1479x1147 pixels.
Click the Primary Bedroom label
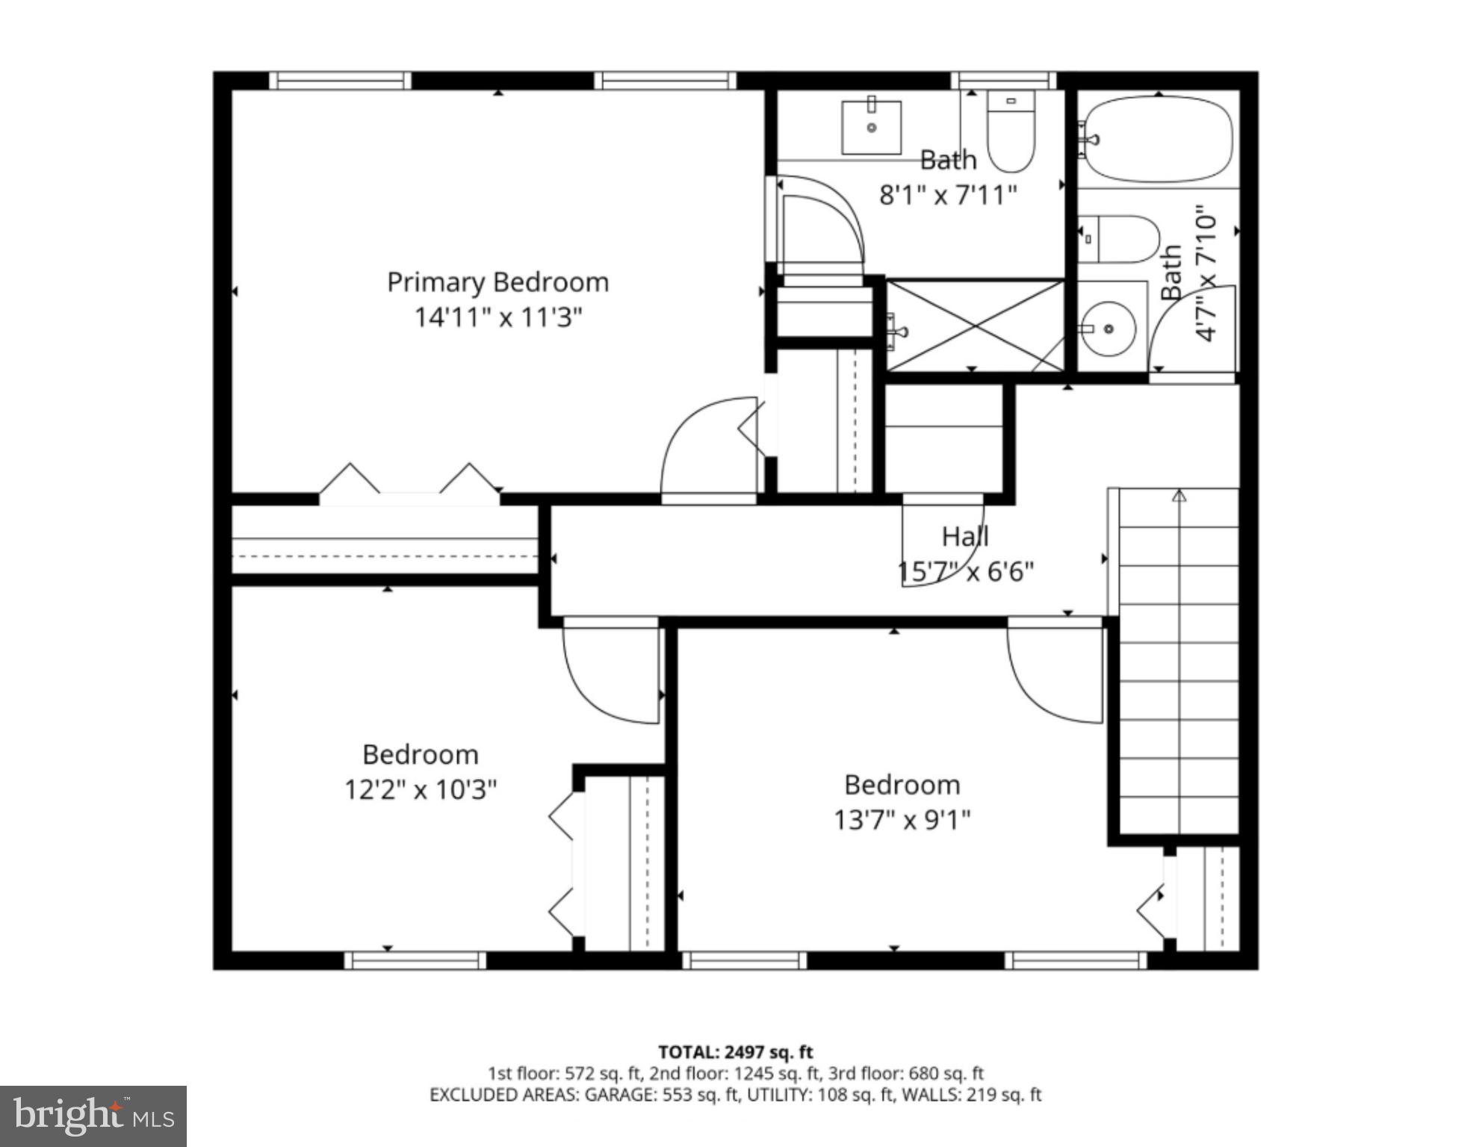[x=497, y=282]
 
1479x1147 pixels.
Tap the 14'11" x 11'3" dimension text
[x=497, y=317]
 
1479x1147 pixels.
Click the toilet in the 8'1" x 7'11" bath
[x=1011, y=131]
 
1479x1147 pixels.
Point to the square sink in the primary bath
[x=871, y=128]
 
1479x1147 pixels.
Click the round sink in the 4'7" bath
[x=1109, y=329]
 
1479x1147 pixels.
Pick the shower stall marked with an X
[x=974, y=326]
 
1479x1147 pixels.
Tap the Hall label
[x=964, y=536]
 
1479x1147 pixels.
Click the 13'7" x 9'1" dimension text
[x=902, y=820]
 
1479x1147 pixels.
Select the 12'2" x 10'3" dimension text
[x=420, y=789]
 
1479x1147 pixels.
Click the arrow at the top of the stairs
[x=1179, y=495]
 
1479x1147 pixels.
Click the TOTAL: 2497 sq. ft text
[x=735, y=1052]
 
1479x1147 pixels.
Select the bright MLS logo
[x=93, y=1116]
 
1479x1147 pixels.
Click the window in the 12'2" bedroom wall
[x=415, y=960]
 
